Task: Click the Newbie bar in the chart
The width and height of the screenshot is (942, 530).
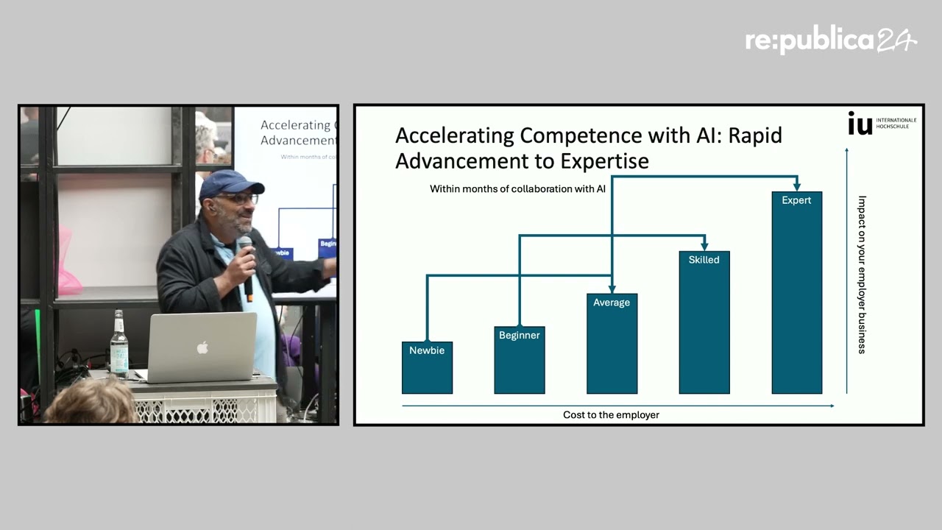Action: point(427,367)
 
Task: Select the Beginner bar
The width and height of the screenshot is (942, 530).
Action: point(520,360)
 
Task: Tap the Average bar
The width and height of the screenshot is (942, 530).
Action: point(612,344)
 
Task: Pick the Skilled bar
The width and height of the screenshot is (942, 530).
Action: point(704,322)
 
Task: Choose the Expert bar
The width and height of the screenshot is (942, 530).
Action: point(797,293)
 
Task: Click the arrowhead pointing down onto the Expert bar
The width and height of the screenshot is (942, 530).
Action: point(797,185)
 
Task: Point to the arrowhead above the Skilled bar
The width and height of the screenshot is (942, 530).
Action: point(704,245)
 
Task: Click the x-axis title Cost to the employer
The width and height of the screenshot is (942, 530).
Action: point(611,414)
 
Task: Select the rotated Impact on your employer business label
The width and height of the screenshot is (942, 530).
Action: point(862,275)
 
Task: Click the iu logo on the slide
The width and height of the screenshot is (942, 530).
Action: point(860,123)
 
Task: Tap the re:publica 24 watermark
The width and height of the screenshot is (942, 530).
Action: point(831,40)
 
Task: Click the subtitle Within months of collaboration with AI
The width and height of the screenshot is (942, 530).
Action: point(517,189)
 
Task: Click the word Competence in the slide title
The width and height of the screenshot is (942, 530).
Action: point(581,135)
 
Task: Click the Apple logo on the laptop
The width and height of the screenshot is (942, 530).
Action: point(202,348)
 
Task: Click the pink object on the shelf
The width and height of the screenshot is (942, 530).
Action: point(67,261)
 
